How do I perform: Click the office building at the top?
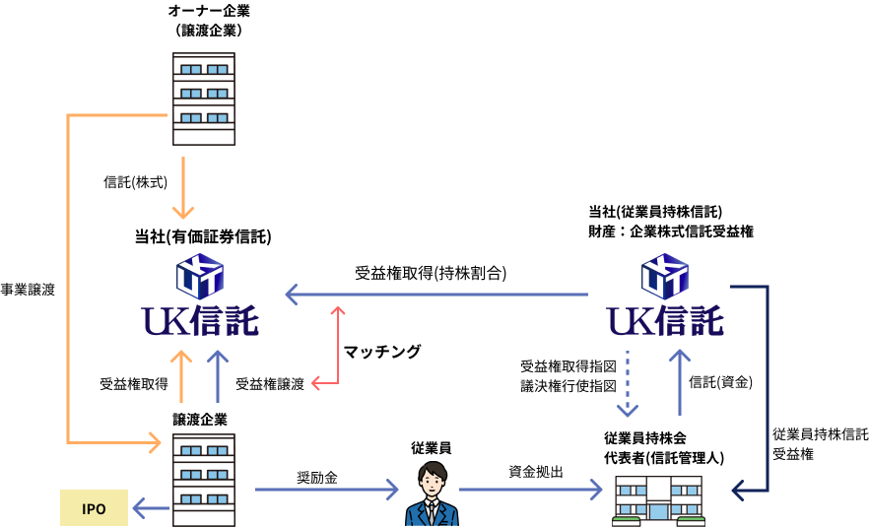[204, 99]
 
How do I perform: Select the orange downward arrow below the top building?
[183, 187]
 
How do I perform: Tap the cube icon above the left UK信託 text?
[200, 276]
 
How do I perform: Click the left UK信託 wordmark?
[200, 321]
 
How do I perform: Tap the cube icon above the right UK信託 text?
[665, 276]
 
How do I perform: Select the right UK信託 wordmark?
[665, 321]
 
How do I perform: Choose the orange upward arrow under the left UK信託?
[181, 376]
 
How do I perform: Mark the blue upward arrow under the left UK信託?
[218, 376]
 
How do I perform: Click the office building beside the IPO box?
[204, 480]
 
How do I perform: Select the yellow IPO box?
[94, 508]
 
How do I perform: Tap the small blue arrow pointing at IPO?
[151, 508]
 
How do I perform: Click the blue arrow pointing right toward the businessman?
[326, 490]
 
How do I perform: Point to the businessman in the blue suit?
[431, 494]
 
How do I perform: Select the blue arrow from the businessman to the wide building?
[530, 490]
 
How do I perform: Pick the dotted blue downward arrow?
[628, 384]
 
